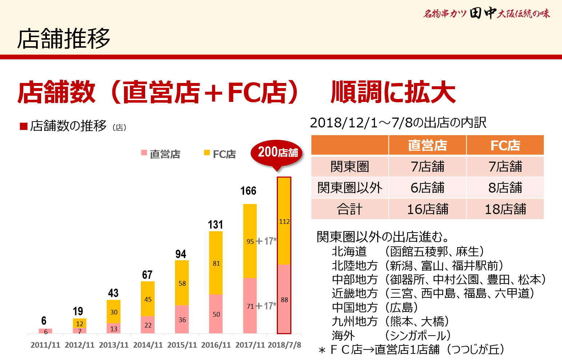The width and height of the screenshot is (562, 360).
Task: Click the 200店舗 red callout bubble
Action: (277, 153)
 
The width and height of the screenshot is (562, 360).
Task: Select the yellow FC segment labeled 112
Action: (284, 221)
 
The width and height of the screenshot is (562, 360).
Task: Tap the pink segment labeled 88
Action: (284, 299)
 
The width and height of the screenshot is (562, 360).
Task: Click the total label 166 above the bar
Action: (248, 191)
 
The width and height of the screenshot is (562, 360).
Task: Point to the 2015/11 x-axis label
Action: (182, 345)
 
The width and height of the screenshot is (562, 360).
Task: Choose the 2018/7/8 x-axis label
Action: (284, 345)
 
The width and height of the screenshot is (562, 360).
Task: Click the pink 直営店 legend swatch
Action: (144, 153)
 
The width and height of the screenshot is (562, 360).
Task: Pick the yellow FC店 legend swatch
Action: (207, 153)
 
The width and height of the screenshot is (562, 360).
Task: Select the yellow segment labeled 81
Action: (216, 263)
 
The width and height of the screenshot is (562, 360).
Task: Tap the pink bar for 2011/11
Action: (45, 331)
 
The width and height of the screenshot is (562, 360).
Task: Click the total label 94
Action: (180, 254)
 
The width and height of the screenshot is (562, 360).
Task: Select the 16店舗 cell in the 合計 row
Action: (427, 209)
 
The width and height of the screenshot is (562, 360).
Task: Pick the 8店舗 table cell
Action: (505, 188)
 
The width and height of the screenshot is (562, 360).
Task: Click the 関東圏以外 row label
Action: (350, 188)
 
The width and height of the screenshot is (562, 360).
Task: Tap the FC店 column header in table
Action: (505, 145)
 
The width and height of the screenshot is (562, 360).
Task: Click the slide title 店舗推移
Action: (64, 39)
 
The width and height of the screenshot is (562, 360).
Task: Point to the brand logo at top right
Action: (486, 14)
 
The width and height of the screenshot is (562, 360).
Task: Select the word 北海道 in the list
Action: (349, 252)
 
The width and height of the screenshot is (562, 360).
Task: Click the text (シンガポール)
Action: (418, 335)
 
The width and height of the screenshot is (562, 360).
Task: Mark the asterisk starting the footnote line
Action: (322, 351)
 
